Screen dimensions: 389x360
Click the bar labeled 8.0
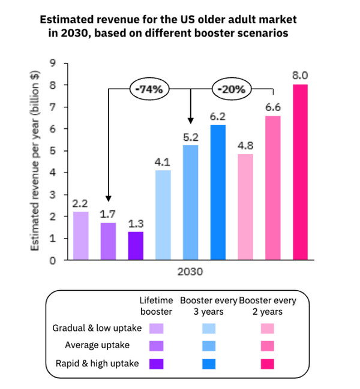click(300, 173)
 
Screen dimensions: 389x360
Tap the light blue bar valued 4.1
click(163, 215)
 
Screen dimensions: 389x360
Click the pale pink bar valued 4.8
click(245, 207)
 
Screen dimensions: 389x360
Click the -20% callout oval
click(232, 89)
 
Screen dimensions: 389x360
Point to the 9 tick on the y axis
click(53, 64)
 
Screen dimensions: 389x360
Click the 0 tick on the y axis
click(53, 260)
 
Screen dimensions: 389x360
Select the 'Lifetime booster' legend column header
click(157, 306)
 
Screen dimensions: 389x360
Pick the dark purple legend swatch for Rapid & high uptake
click(157, 363)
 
